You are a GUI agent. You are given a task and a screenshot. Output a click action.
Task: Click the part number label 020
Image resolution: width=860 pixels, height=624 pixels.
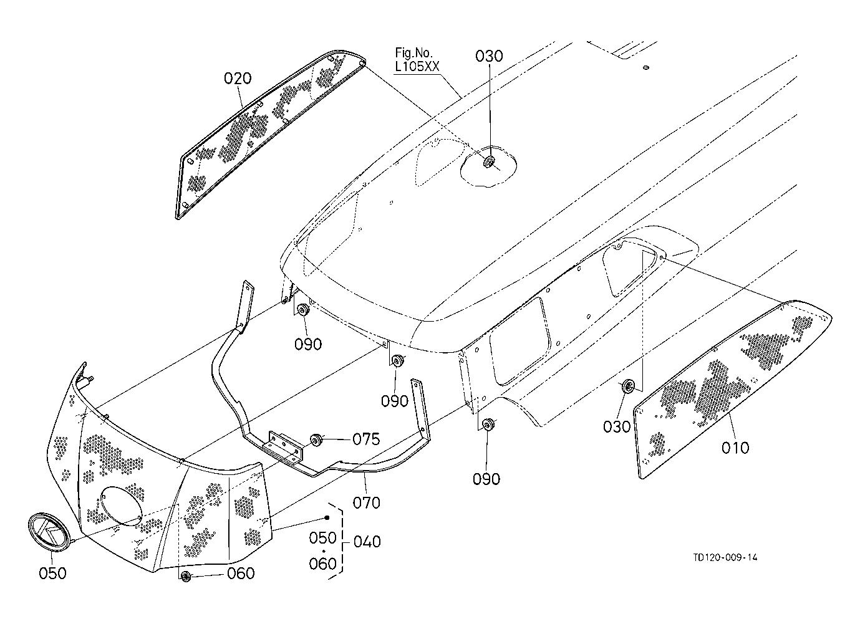(238, 79)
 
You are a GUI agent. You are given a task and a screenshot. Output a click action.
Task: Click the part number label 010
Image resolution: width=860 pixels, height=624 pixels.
(735, 448)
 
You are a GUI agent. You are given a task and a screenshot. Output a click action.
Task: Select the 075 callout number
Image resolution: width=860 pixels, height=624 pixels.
(366, 439)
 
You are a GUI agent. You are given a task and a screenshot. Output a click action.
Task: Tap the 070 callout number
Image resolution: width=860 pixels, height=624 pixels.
(366, 502)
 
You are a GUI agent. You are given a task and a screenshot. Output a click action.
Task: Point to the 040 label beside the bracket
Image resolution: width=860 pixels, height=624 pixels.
(367, 542)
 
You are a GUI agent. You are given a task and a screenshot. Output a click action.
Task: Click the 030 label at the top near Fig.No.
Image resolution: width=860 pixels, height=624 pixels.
(489, 56)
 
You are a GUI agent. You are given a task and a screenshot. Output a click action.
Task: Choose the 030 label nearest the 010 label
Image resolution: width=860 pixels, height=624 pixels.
(617, 427)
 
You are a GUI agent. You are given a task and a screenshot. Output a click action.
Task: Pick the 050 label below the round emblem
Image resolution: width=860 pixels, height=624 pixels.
(52, 574)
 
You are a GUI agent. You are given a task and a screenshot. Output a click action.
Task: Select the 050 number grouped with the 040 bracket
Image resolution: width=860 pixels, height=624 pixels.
(323, 538)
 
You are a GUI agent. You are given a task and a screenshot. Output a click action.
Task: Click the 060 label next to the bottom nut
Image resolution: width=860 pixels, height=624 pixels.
(241, 574)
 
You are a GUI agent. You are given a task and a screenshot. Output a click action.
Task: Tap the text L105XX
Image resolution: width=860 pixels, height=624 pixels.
(417, 67)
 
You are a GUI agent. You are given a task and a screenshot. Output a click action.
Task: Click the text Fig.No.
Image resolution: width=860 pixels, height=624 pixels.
(414, 52)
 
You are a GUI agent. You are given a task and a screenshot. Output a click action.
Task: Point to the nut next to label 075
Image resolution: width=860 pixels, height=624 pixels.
(316, 439)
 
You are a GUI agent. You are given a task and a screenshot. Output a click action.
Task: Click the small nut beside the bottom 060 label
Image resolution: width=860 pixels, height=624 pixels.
(186, 576)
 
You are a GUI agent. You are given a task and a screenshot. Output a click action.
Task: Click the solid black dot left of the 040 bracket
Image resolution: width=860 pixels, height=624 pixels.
(327, 517)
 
